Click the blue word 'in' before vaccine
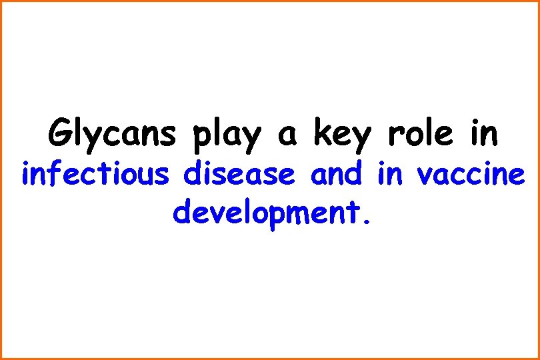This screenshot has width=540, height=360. tap(390, 174)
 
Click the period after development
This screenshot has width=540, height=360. tap(363, 219)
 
